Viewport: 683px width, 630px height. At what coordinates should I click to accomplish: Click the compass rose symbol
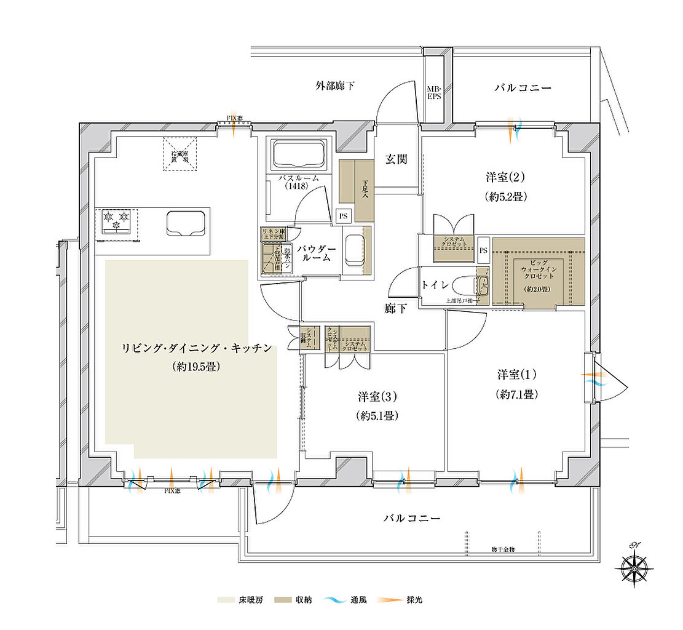633,564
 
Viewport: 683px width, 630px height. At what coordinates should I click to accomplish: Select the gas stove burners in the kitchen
117,221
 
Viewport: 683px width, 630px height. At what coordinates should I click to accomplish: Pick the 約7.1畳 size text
518,394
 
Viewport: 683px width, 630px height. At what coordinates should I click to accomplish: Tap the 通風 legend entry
348,599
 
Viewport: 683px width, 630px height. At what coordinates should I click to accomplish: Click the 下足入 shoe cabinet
357,191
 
